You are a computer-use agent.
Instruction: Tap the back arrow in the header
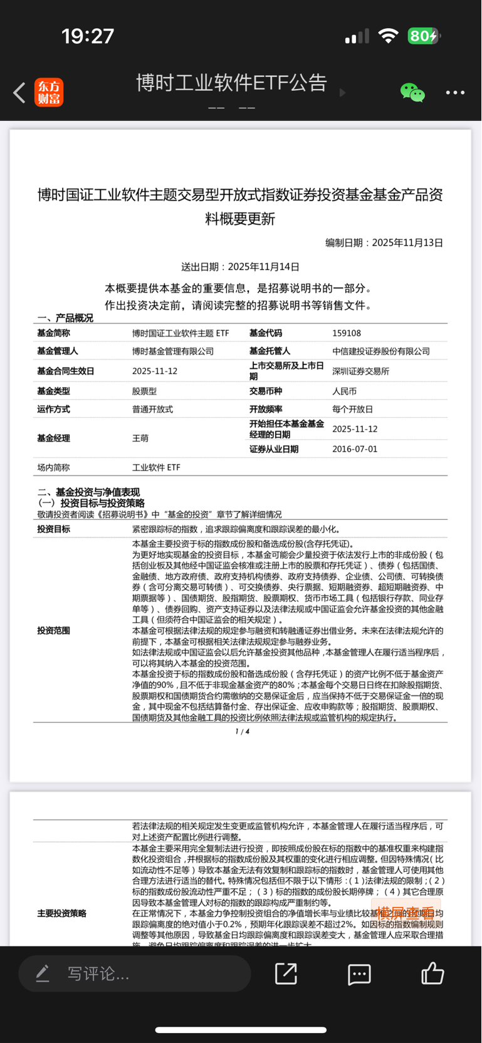[x=19, y=93]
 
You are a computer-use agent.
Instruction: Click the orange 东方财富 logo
[x=49, y=93]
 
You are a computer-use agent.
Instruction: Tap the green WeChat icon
[x=412, y=93]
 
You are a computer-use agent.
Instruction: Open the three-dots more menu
[x=455, y=93]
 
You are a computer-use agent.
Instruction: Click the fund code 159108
[x=347, y=333]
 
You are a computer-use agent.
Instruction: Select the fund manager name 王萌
[x=140, y=438]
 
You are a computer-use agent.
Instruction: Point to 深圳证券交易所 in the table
[x=360, y=371]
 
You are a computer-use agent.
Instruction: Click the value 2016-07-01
[x=355, y=449]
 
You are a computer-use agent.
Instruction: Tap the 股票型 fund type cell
[x=144, y=392]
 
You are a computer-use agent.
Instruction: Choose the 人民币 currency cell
[x=344, y=392]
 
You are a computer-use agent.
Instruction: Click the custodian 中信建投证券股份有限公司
[x=381, y=351]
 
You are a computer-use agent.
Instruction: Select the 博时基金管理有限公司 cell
[x=173, y=351]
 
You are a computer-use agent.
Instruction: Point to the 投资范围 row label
[x=54, y=631]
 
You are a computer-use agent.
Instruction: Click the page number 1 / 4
[x=242, y=732]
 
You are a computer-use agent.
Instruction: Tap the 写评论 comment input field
[x=135, y=973]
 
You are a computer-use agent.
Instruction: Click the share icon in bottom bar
[x=286, y=973]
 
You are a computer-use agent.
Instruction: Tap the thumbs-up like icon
[x=432, y=973]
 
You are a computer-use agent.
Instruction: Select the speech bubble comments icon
[x=359, y=974]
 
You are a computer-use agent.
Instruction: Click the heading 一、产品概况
[x=65, y=318]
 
